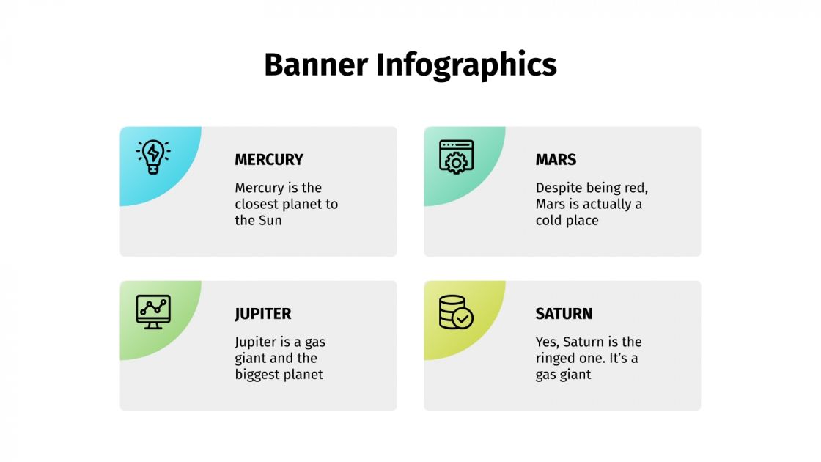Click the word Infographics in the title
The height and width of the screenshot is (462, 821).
(466, 65)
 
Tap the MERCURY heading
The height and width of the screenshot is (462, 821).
(268, 159)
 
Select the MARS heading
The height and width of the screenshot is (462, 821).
(556, 159)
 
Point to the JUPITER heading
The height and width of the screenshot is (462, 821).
(262, 313)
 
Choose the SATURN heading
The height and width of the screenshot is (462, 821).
(564, 313)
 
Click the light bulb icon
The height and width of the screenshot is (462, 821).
(153, 156)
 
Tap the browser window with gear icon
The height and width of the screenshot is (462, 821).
(456, 156)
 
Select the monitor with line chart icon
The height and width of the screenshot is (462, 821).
(153, 312)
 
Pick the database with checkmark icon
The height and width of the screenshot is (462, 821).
(455, 312)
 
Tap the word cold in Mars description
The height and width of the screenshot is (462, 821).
(549, 220)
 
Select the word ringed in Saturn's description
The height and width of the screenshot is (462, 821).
(558, 359)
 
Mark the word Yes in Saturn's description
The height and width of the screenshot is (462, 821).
(547, 342)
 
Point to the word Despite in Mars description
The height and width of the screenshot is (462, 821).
(559, 188)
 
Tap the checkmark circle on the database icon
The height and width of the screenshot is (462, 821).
(463, 318)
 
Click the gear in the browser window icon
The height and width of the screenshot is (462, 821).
(456, 162)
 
